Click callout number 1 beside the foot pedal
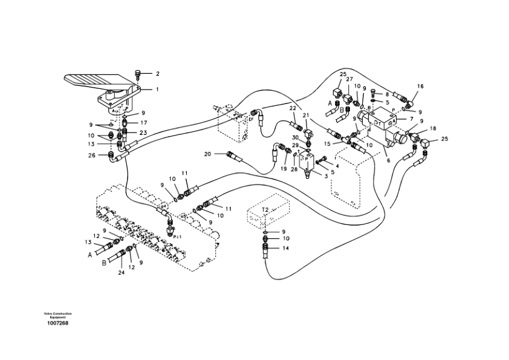pyautogui.click(x=157, y=90)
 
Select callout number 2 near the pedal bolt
pyautogui.click(x=157, y=74)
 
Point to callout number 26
pyautogui.click(x=92, y=155)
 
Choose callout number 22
pyautogui.click(x=292, y=108)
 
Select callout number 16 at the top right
pyautogui.click(x=420, y=87)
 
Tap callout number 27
pyautogui.click(x=349, y=79)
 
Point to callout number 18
pyautogui.click(x=432, y=129)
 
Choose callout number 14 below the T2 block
pyautogui.click(x=286, y=248)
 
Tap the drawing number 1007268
pyautogui.click(x=57, y=323)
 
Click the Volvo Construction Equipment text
pyautogui.click(x=57, y=315)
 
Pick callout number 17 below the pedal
pyautogui.click(x=143, y=123)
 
